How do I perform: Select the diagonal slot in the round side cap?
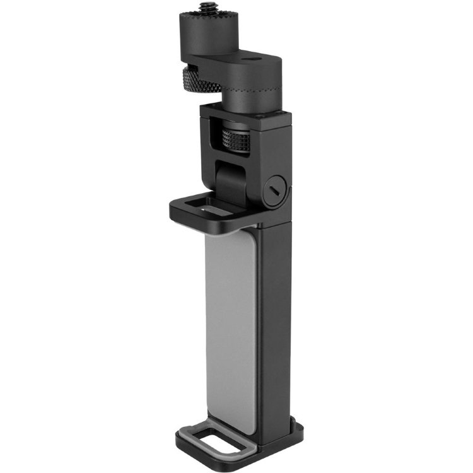[x=275, y=189]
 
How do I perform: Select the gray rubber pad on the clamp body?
[x=231, y=322]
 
